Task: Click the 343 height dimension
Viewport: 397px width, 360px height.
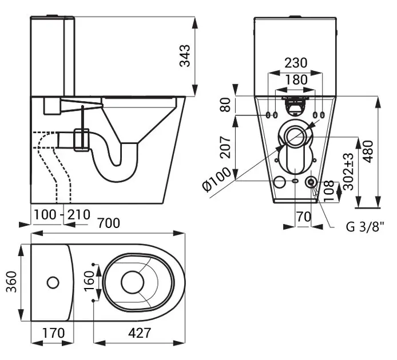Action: point(185,56)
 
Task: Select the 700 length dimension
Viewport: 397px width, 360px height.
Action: point(109,223)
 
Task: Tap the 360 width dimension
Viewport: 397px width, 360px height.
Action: point(11,282)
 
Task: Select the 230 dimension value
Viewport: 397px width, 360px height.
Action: point(296,63)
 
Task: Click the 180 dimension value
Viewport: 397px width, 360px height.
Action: point(296,80)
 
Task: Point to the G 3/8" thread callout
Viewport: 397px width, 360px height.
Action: point(364,226)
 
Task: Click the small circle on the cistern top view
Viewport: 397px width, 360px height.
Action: point(52,282)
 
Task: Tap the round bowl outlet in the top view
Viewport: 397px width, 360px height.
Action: point(133,281)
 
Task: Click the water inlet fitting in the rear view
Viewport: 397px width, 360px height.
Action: point(311,182)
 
